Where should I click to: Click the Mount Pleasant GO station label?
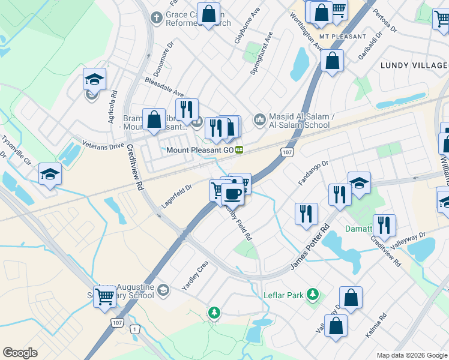pos(199,149)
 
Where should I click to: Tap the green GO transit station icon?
pos(239,149)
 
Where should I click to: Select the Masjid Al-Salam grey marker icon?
pos(259,120)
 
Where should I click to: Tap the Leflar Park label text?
pos(283,295)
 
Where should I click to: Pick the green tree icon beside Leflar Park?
pos(312,294)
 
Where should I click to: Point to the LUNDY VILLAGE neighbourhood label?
pos(413,65)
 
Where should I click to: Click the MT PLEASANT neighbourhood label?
pos(342,37)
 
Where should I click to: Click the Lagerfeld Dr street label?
pos(176,196)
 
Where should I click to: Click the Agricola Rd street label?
pos(112,107)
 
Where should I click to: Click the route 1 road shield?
pos(136,329)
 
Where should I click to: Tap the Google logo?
pos(20,353)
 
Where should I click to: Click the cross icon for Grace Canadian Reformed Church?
pos(155,17)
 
